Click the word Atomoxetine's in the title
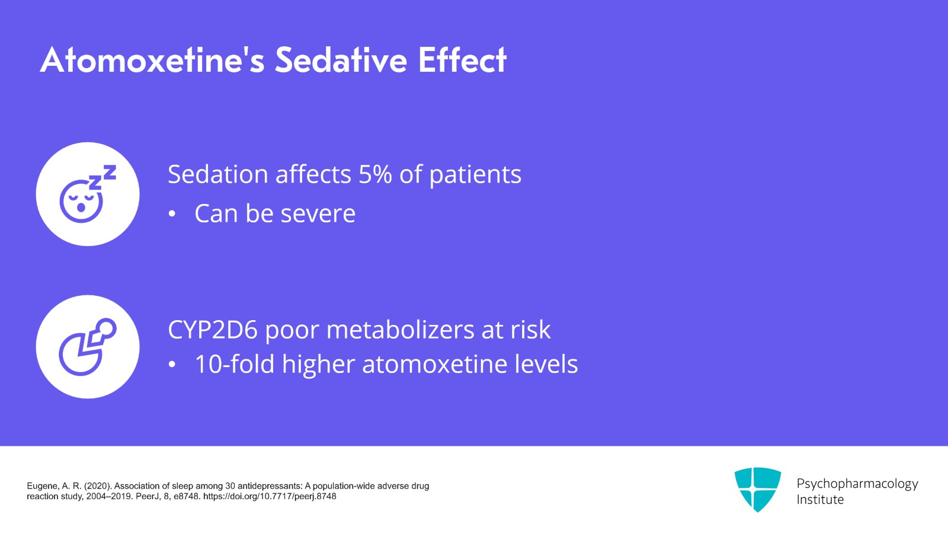152,60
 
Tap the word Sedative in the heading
341,60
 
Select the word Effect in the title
462,60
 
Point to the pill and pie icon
88,347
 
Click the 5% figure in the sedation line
375,174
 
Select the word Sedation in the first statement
218,174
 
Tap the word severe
318,213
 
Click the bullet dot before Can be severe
172,214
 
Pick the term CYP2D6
213,330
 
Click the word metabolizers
401,330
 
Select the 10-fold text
235,364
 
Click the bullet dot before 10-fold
172,365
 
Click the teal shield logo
758,489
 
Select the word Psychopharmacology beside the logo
857,484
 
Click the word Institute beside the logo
820,500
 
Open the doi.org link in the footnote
270,496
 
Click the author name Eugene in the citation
40,486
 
